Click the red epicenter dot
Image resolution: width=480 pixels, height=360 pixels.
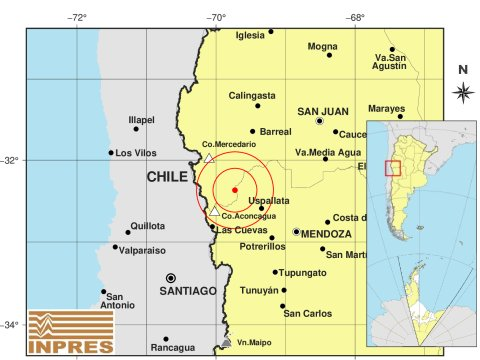(234, 189)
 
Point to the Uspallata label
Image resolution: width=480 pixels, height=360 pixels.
(268, 200)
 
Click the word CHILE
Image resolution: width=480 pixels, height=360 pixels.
(167, 177)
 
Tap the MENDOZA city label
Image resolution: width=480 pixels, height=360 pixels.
(326, 233)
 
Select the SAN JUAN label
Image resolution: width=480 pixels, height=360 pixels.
(322, 111)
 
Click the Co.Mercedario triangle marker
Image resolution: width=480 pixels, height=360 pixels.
(208, 157)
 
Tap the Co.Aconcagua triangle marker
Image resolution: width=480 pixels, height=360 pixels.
(214, 210)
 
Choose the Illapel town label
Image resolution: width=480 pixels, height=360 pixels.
(142, 120)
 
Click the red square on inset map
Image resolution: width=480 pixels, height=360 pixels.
(393, 167)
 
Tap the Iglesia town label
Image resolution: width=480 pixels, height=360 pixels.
(250, 36)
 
